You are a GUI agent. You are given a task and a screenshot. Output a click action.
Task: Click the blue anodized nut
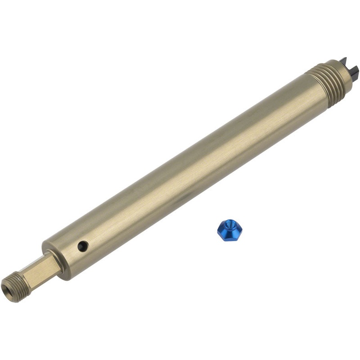(x=229, y=230)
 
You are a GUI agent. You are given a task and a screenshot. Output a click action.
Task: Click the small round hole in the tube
(x=83, y=246)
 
